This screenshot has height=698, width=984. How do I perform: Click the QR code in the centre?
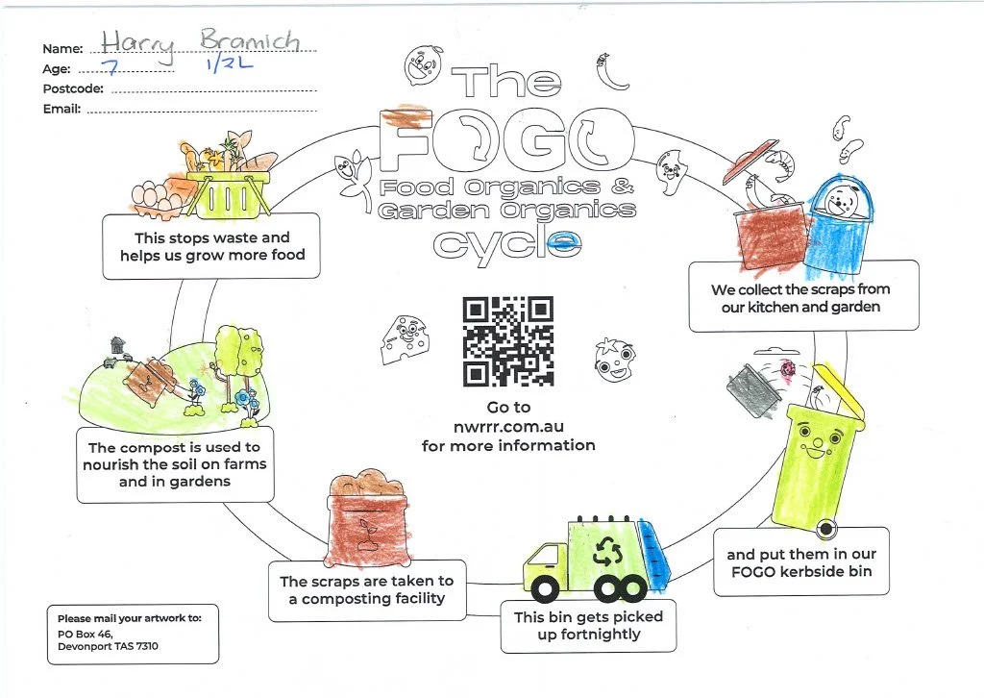[x=508, y=340]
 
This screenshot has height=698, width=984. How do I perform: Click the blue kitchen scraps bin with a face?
[x=840, y=217]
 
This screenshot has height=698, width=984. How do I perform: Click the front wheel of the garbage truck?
[x=545, y=586]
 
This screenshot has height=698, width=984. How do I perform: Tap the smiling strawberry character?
[x=612, y=359]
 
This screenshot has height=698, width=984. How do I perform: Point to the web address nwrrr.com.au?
[x=507, y=427]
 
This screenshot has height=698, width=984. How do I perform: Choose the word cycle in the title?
[x=507, y=242]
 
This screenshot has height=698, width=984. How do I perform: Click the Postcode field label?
[x=73, y=88]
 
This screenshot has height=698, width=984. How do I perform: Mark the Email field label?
[x=61, y=109]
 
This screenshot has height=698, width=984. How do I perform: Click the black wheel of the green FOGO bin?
[x=824, y=529]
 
